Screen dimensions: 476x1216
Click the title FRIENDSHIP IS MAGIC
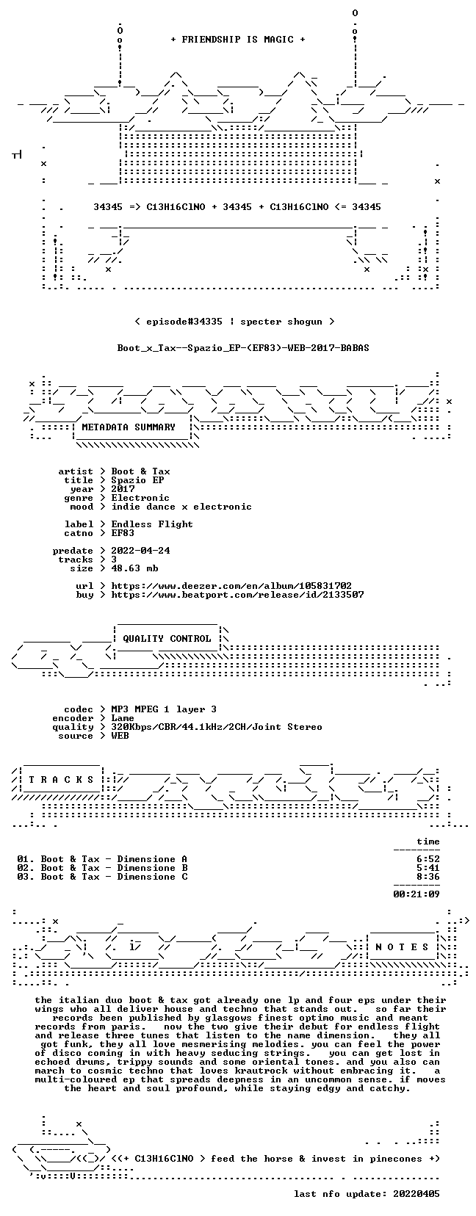point(238,40)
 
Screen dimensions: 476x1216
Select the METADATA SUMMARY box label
point(129,427)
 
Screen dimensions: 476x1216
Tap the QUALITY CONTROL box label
point(167,638)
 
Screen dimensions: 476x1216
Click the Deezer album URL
point(231,586)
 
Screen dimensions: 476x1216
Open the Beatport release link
point(237,595)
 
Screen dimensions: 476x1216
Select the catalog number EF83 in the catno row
point(123,532)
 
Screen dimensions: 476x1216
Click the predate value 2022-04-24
point(140,551)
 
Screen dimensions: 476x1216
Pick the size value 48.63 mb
point(134,568)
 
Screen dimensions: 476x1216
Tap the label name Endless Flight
point(152,524)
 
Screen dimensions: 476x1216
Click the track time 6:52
point(428,859)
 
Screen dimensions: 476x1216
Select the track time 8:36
point(428,876)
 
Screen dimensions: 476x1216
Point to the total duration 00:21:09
point(416,894)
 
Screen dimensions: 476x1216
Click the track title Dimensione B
point(153,867)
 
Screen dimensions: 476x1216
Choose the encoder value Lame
point(123,717)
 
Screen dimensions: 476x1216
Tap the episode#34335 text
point(184,322)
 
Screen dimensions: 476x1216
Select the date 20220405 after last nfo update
point(416,1194)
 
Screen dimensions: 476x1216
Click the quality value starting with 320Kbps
point(217,727)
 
